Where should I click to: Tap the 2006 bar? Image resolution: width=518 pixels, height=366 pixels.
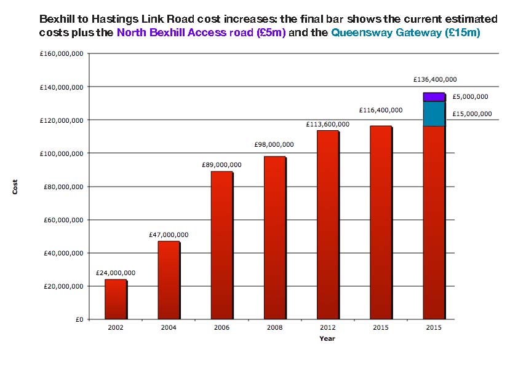tap(221, 245)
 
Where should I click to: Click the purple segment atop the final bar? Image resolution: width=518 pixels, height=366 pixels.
tap(434, 97)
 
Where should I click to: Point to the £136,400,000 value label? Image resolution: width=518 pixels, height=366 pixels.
tap(435, 79)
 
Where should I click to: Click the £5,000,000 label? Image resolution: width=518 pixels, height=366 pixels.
tap(470, 96)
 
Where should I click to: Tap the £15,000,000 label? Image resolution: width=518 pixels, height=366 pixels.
tap(472, 114)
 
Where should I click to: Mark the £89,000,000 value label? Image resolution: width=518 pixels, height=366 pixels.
tap(221, 165)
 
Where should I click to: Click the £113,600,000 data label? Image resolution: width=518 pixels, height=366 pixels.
tap(328, 124)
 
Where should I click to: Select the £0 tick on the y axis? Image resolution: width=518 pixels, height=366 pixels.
tap(79, 319)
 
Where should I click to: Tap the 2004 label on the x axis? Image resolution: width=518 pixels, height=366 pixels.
tap(169, 328)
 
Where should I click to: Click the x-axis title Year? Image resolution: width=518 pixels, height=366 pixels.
tap(327, 338)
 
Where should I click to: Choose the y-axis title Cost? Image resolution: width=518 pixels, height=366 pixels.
tap(15, 187)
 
